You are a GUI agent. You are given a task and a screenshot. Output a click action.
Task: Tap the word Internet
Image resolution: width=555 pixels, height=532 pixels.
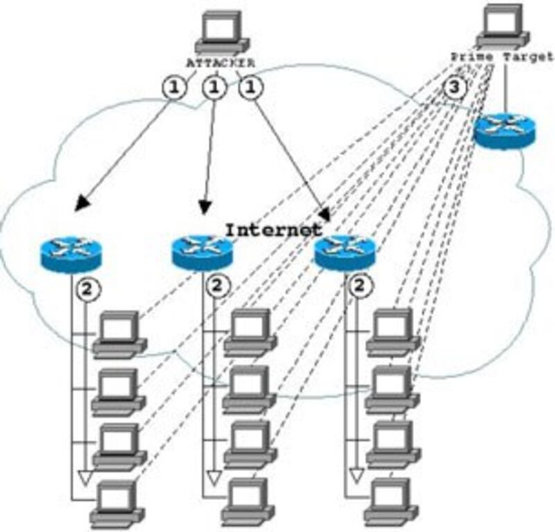[x=273, y=229]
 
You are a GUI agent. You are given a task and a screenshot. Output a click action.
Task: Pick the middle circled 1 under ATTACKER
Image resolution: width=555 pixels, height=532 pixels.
[x=214, y=88]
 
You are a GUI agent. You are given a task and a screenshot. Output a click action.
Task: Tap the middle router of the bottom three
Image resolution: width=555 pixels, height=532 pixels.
[x=203, y=252]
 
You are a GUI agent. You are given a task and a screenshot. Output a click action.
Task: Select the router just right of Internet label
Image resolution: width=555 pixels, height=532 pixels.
[x=345, y=252]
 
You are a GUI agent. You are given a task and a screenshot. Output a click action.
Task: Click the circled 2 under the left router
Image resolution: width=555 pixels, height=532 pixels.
[x=86, y=287]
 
